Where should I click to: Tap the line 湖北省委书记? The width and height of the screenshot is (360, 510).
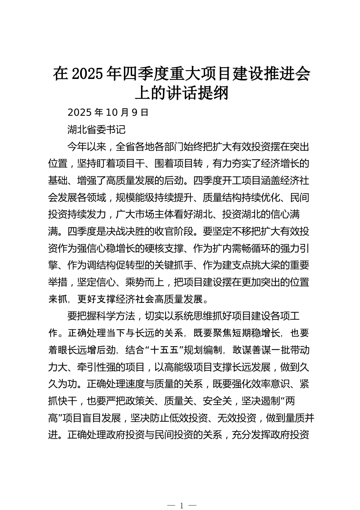(96, 129)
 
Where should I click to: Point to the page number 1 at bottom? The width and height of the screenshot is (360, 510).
(182, 505)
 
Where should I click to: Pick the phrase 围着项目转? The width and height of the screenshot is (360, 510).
(178, 164)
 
